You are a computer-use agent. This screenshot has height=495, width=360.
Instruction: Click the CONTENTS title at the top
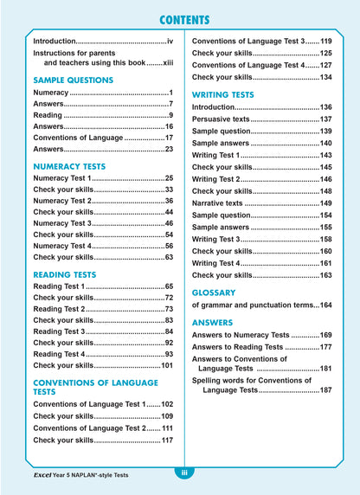click(x=180, y=21)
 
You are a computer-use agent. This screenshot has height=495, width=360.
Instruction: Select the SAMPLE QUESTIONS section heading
click(x=73, y=80)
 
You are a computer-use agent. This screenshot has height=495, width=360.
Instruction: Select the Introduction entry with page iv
click(x=103, y=41)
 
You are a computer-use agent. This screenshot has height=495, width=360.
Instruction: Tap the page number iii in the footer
click(x=183, y=472)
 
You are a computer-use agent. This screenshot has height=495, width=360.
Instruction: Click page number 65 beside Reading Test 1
click(x=170, y=286)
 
